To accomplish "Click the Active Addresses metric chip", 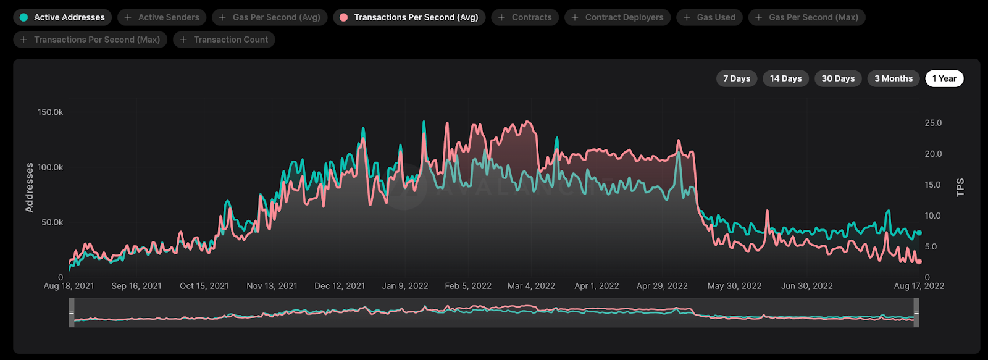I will pyautogui.click(x=62, y=17).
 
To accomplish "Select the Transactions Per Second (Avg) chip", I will pyautogui.click(x=409, y=17).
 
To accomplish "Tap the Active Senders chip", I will pyautogui.click(x=162, y=17).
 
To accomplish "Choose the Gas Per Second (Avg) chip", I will pyautogui.click(x=270, y=17).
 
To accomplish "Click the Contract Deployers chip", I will pyautogui.click(x=617, y=17).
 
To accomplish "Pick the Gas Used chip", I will pyautogui.click(x=710, y=17).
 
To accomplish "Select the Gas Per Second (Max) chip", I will pyautogui.click(x=807, y=17).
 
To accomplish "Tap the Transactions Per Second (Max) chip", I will pyautogui.click(x=90, y=40).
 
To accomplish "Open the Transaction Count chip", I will pyautogui.click(x=224, y=40).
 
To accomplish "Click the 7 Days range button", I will pyautogui.click(x=737, y=78).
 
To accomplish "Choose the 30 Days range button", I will pyautogui.click(x=838, y=78).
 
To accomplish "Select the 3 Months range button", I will pyautogui.click(x=894, y=78).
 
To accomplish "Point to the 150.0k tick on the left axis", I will pyautogui.click(x=50, y=112).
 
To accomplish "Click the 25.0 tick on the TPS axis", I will pyautogui.click(x=933, y=123).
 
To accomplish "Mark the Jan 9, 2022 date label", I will pyautogui.click(x=405, y=286).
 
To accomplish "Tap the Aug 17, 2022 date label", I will pyautogui.click(x=919, y=286).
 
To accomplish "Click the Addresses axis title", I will pyautogui.click(x=30, y=188).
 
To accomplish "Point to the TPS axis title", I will pyautogui.click(x=960, y=188).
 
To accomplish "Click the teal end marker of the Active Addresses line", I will pyautogui.click(x=919, y=233).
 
